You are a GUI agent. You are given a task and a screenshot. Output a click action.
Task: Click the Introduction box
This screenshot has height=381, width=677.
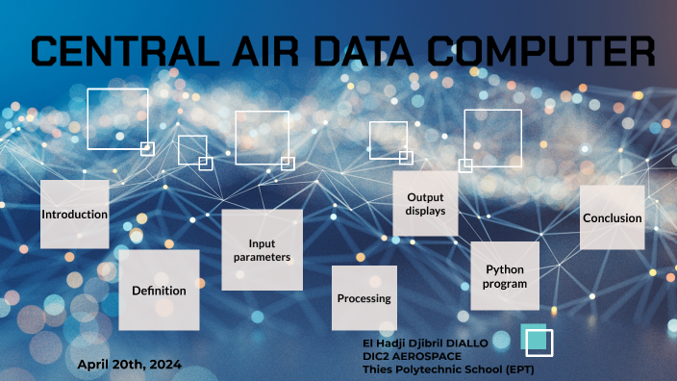click(74, 214)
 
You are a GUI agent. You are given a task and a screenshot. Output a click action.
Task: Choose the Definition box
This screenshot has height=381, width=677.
click(159, 290)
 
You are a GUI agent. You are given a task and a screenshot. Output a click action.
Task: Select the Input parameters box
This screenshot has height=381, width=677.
click(262, 250)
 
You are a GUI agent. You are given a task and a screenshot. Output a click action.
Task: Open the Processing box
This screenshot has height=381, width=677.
click(364, 298)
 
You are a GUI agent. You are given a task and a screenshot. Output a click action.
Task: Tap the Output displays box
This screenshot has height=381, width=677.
click(425, 204)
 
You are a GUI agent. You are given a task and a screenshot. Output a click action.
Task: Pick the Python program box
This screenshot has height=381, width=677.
click(505, 276)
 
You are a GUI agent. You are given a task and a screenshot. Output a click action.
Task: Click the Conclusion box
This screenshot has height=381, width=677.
click(612, 217)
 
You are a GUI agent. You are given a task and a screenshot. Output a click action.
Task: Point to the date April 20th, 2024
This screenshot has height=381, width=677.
click(129, 364)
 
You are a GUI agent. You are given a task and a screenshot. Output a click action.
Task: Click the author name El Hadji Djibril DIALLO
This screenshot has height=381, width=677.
click(425, 343)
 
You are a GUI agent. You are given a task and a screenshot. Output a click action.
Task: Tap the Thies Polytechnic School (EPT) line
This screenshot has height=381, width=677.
click(447, 369)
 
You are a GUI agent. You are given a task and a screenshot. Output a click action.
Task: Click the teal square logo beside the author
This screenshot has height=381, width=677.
click(537, 340)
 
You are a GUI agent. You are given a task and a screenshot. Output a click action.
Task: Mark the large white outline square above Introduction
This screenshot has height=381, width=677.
click(117, 118)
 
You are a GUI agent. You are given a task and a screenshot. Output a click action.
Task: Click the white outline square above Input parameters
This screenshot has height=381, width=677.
click(262, 138)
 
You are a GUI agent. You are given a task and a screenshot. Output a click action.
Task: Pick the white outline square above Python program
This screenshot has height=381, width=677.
click(492, 138)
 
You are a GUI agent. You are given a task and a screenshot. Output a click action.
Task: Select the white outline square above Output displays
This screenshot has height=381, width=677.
click(388, 140)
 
